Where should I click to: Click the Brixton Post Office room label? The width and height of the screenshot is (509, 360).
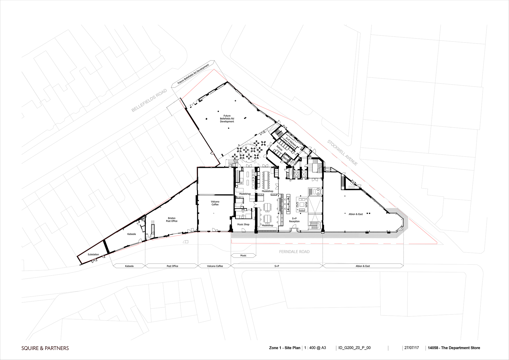172,220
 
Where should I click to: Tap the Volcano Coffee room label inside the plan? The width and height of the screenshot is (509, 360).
215,203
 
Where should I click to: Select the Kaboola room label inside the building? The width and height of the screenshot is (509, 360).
132,234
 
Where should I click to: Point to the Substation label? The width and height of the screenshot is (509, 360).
93,255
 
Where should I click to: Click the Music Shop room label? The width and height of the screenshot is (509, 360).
243,225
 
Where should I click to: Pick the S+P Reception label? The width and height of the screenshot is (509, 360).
294,220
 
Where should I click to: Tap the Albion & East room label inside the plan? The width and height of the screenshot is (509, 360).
356,214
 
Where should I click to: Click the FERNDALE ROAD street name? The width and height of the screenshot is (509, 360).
294,252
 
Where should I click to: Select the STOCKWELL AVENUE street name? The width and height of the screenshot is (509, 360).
342,153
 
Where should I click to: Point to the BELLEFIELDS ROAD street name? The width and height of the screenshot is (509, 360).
149,100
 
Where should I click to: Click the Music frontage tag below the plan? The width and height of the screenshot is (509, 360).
243,256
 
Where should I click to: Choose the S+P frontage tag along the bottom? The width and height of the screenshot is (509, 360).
277,266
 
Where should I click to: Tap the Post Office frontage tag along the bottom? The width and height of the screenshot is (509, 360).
172,266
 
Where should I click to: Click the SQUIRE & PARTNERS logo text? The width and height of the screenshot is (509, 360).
45,348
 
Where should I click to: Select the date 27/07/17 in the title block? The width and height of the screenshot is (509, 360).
412,348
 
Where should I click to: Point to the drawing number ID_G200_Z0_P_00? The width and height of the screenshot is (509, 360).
355,348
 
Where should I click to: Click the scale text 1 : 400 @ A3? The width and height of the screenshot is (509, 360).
315,348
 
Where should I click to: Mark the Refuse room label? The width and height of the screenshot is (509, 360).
279,148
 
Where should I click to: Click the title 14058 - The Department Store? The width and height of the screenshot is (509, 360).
454,348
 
